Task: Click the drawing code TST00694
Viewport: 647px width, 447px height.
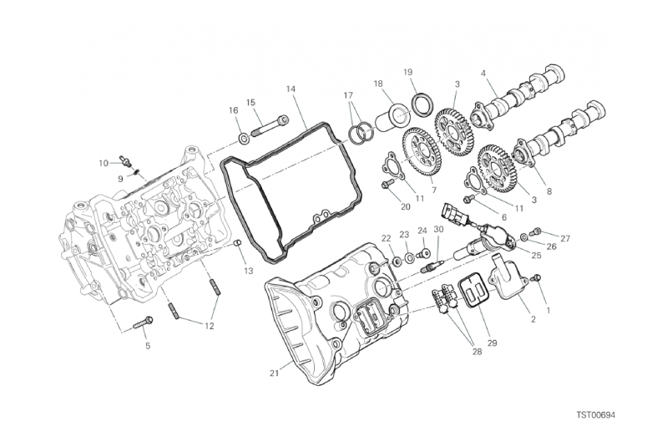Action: (x=595, y=414)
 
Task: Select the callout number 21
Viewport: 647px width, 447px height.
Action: (x=275, y=373)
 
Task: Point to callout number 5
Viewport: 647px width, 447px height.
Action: (x=148, y=346)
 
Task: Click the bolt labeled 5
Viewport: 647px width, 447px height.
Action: (x=143, y=323)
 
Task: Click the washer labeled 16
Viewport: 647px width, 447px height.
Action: (x=244, y=139)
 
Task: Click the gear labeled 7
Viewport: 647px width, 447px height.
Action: (x=422, y=153)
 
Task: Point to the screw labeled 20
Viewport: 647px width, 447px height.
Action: (x=387, y=185)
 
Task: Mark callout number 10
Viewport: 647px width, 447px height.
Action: (x=104, y=163)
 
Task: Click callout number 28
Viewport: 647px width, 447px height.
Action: (x=477, y=352)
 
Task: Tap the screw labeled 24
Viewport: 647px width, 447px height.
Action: (x=422, y=253)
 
